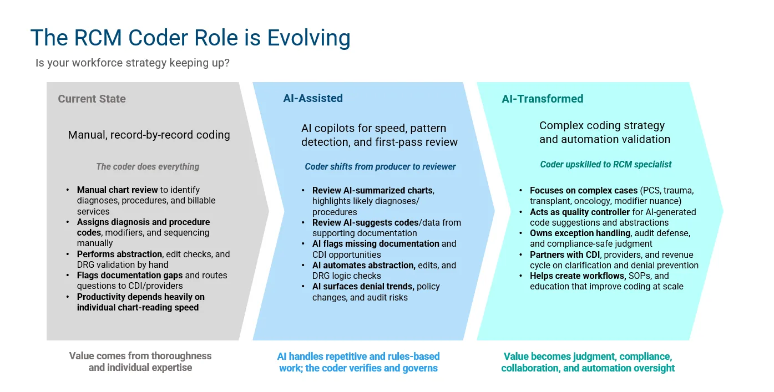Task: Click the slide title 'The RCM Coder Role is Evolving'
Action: click(x=190, y=38)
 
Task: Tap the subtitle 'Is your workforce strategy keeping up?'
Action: click(x=133, y=63)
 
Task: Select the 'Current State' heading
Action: click(x=92, y=99)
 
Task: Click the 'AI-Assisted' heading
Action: click(x=313, y=98)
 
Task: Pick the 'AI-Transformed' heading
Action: click(x=543, y=99)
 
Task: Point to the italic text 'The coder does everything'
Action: click(x=148, y=166)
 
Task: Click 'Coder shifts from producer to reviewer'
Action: click(x=380, y=166)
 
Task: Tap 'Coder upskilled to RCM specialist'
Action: click(x=606, y=164)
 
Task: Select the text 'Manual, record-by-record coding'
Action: click(x=149, y=135)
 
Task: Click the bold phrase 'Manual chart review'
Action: click(x=117, y=190)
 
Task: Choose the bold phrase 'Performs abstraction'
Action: click(x=119, y=254)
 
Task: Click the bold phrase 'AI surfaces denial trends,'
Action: click(x=363, y=286)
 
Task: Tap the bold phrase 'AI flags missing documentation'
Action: click(x=376, y=243)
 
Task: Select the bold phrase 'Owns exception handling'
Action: click(x=580, y=233)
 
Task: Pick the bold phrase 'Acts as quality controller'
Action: click(x=580, y=212)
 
